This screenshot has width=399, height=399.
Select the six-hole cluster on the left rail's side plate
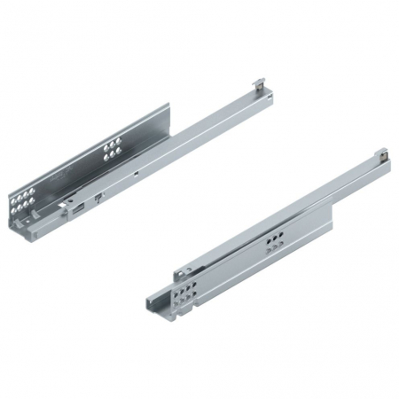coord(112,151)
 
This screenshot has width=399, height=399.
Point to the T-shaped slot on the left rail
coord(98,192)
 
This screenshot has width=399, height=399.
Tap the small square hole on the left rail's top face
coord(133,175)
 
